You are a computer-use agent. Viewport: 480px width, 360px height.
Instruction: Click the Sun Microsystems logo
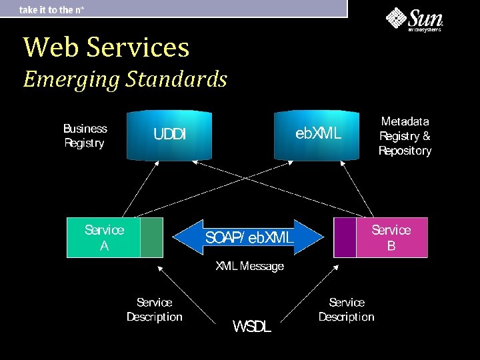click(x=415, y=19)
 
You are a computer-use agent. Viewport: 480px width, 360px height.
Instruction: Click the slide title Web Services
click(x=106, y=47)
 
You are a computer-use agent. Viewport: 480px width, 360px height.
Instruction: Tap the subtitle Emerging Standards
click(x=125, y=79)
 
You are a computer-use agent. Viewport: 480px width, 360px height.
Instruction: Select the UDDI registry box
click(x=169, y=135)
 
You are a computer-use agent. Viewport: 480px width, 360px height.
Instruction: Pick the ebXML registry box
click(x=318, y=135)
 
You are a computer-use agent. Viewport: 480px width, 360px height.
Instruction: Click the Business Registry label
click(x=85, y=135)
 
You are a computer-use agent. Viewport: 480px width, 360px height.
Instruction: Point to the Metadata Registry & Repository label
click(x=405, y=136)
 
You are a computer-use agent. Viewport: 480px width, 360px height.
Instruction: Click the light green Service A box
click(x=104, y=237)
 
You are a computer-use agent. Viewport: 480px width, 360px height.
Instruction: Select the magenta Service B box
click(x=391, y=237)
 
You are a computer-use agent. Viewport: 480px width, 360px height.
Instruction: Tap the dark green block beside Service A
click(x=152, y=237)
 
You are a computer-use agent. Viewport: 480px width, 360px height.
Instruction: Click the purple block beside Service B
click(x=345, y=237)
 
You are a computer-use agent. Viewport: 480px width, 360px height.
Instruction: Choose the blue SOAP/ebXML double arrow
click(x=248, y=237)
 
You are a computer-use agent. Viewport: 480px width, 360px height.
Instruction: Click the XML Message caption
click(x=249, y=267)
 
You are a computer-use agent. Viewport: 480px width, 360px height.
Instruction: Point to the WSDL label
click(x=251, y=327)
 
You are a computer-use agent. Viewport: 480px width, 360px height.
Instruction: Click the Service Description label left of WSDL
click(x=154, y=310)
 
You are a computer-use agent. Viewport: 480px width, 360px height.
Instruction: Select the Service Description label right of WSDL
click(x=346, y=310)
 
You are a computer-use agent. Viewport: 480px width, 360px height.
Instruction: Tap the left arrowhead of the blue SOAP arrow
click(x=185, y=237)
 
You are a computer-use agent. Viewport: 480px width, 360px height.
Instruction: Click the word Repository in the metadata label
click(x=405, y=151)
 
